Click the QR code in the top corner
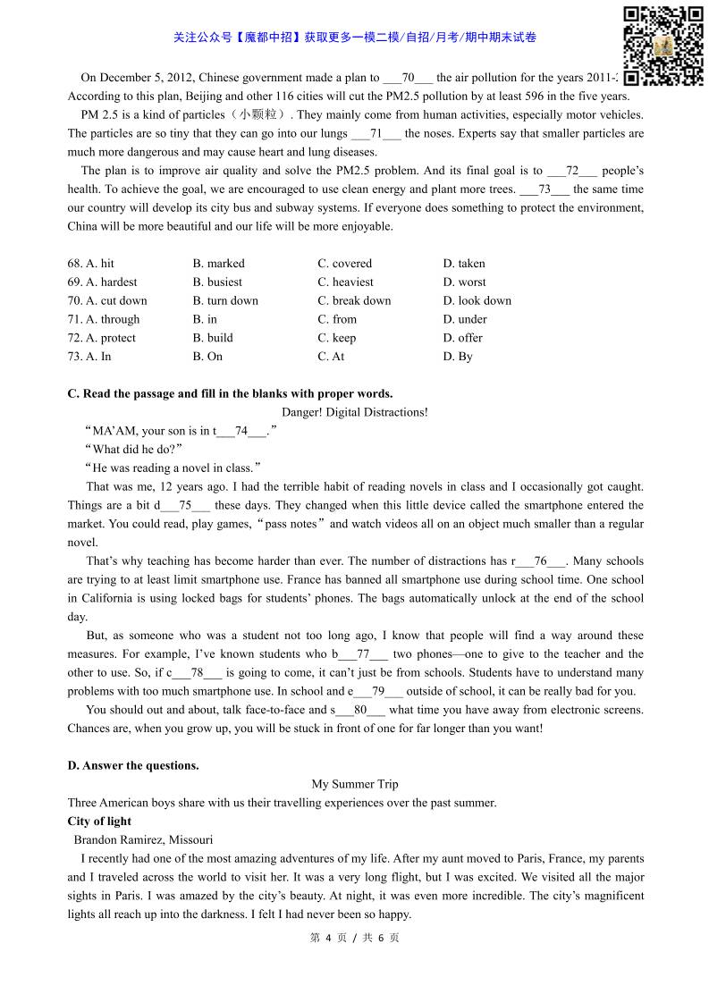(663, 45)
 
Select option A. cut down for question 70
(107, 300)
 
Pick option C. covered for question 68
(344, 264)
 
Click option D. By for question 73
(458, 357)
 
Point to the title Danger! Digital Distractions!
(354, 412)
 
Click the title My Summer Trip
(354, 784)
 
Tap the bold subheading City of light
(99, 822)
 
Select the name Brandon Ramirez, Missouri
(143, 839)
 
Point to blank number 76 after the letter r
(540, 561)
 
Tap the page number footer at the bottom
(354, 938)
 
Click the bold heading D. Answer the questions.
(133, 765)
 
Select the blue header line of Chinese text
(355, 38)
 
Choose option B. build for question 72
(213, 338)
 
